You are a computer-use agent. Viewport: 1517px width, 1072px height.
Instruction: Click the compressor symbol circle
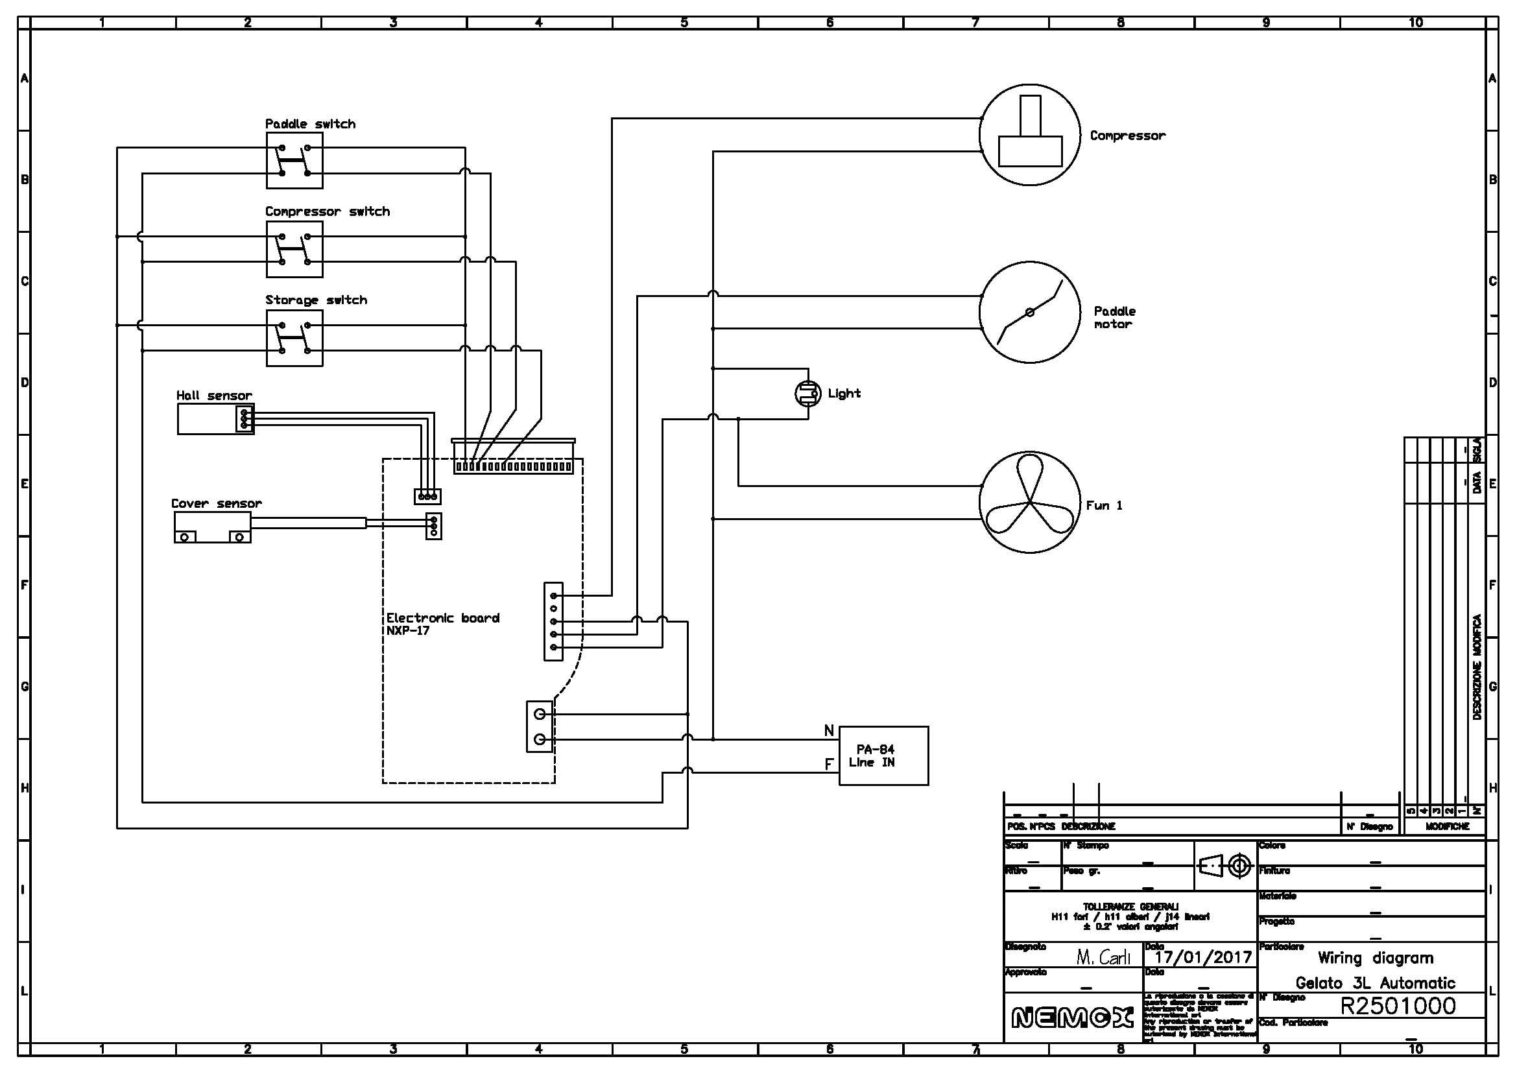click(1029, 135)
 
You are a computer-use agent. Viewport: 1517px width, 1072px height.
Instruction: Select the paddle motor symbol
click(1029, 312)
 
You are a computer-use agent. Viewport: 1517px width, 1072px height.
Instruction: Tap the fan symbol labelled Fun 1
click(1029, 503)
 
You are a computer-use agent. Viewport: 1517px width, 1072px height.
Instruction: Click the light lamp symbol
click(807, 394)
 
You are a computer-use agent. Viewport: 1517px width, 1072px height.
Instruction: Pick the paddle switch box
click(294, 160)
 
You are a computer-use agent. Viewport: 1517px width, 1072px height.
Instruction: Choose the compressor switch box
click(294, 249)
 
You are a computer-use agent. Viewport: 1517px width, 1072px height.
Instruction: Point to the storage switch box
click(294, 338)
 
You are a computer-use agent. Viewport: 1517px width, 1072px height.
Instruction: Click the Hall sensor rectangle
click(215, 419)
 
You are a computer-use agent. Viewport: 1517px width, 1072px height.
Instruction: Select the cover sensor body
click(212, 527)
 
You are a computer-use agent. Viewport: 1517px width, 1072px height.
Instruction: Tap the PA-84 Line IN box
click(883, 756)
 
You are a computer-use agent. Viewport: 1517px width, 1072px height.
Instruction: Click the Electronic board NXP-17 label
click(442, 624)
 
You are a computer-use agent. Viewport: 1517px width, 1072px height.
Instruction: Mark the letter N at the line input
click(828, 731)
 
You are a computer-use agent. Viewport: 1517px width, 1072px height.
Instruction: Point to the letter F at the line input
click(828, 764)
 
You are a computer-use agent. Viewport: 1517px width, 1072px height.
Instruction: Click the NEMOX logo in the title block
click(1071, 1018)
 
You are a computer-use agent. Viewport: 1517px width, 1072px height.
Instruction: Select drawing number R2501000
click(1398, 1006)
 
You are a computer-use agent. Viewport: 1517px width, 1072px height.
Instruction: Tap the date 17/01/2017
click(1202, 957)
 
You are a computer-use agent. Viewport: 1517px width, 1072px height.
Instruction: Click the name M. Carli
click(1103, 957)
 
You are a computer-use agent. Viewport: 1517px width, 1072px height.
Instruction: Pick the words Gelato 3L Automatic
click(1375, 983)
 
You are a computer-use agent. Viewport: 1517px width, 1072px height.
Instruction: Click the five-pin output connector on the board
click(553, 621)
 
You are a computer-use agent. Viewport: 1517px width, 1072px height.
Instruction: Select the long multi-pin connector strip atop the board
click(514, 466)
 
